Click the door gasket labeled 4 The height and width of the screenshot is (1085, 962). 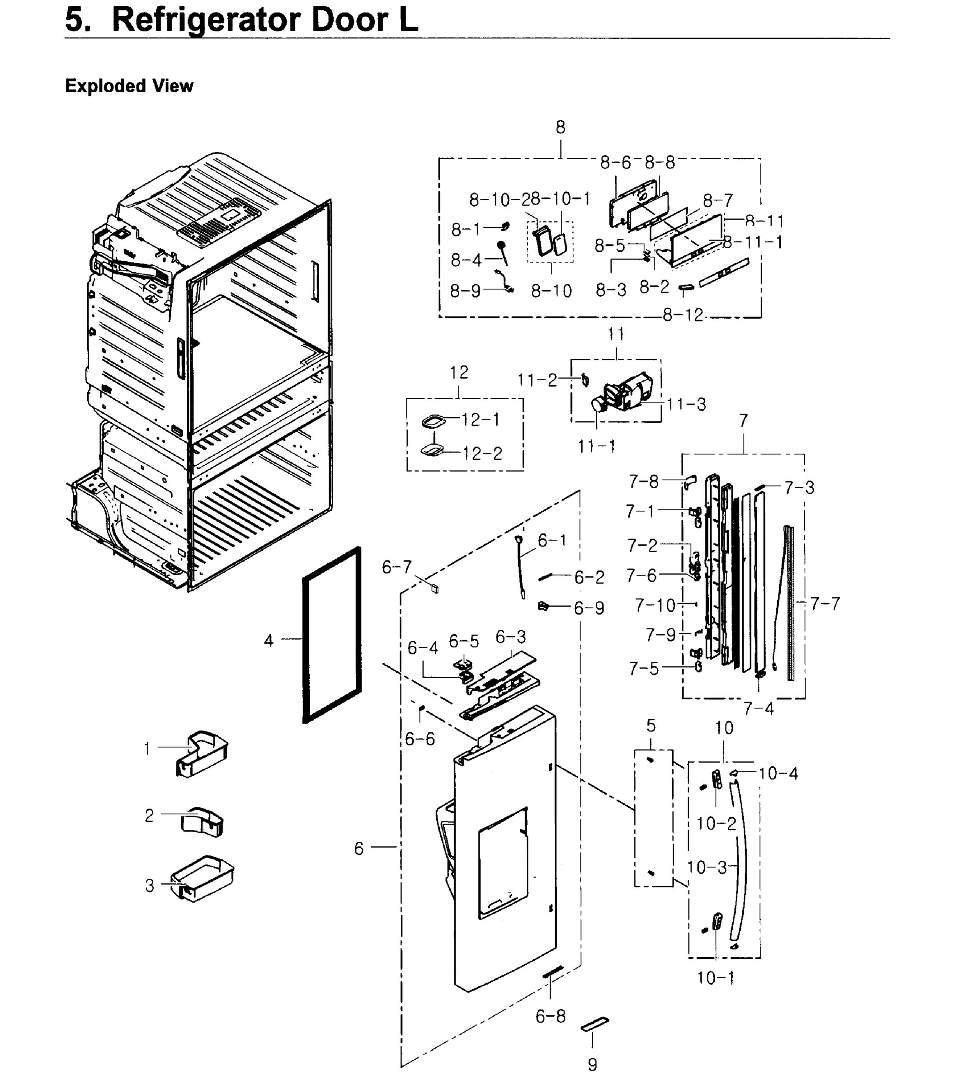tap(305, 637)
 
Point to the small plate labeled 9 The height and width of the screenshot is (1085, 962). tap(594, 1024)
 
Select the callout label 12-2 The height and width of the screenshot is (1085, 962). tap(481, 453)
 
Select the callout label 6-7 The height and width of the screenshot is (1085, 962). tap(396, 567)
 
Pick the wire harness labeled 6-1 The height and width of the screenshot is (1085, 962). tap(520, 568)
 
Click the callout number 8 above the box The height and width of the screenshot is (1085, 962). tap(561, 127)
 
